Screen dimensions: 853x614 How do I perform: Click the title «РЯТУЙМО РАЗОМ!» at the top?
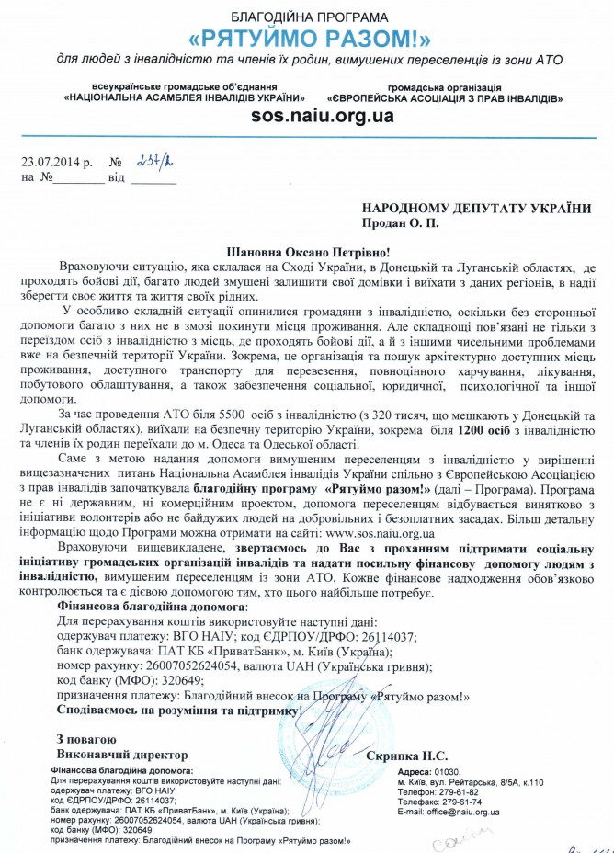[x=307, y=39]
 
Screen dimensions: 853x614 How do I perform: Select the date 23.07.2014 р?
[x=57, y=163]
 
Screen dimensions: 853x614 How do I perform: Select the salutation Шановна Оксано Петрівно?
[x=307, y=250]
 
